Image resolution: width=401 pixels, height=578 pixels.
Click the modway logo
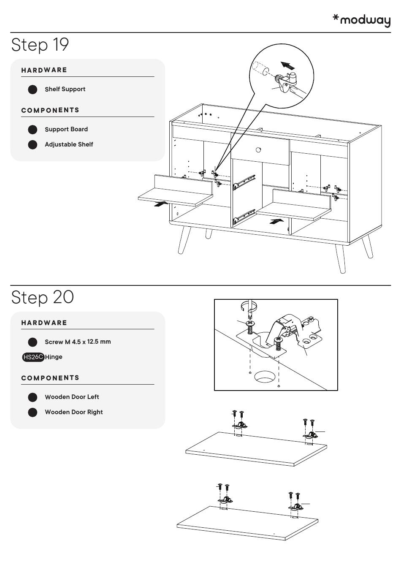tap(361, 20)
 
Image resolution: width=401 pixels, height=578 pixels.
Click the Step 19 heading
tap(40, 45)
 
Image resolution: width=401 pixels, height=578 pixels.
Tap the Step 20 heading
tap(42, 297)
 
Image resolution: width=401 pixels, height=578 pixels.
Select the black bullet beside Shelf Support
tap(33, 90)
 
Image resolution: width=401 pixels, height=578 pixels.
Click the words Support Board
tap(66, 129)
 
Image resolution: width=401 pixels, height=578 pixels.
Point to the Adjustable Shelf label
tap(69, 144)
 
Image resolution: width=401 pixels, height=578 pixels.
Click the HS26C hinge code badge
tap(33, 357)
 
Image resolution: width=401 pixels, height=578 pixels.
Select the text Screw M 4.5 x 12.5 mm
tap(78, 342)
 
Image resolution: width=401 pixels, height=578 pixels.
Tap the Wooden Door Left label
tap(72, 397)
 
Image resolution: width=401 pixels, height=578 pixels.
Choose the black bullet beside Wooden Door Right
tap(33, 412)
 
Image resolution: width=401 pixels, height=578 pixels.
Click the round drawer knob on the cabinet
tap(258, 149)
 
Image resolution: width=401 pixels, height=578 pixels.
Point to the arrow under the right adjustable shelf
tap(276, 221)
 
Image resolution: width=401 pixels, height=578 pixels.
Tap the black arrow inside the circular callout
tap(288, 66)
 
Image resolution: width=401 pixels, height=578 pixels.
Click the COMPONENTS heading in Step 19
tap(50, 110)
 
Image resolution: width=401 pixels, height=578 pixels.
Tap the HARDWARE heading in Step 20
tap(44, 323)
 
